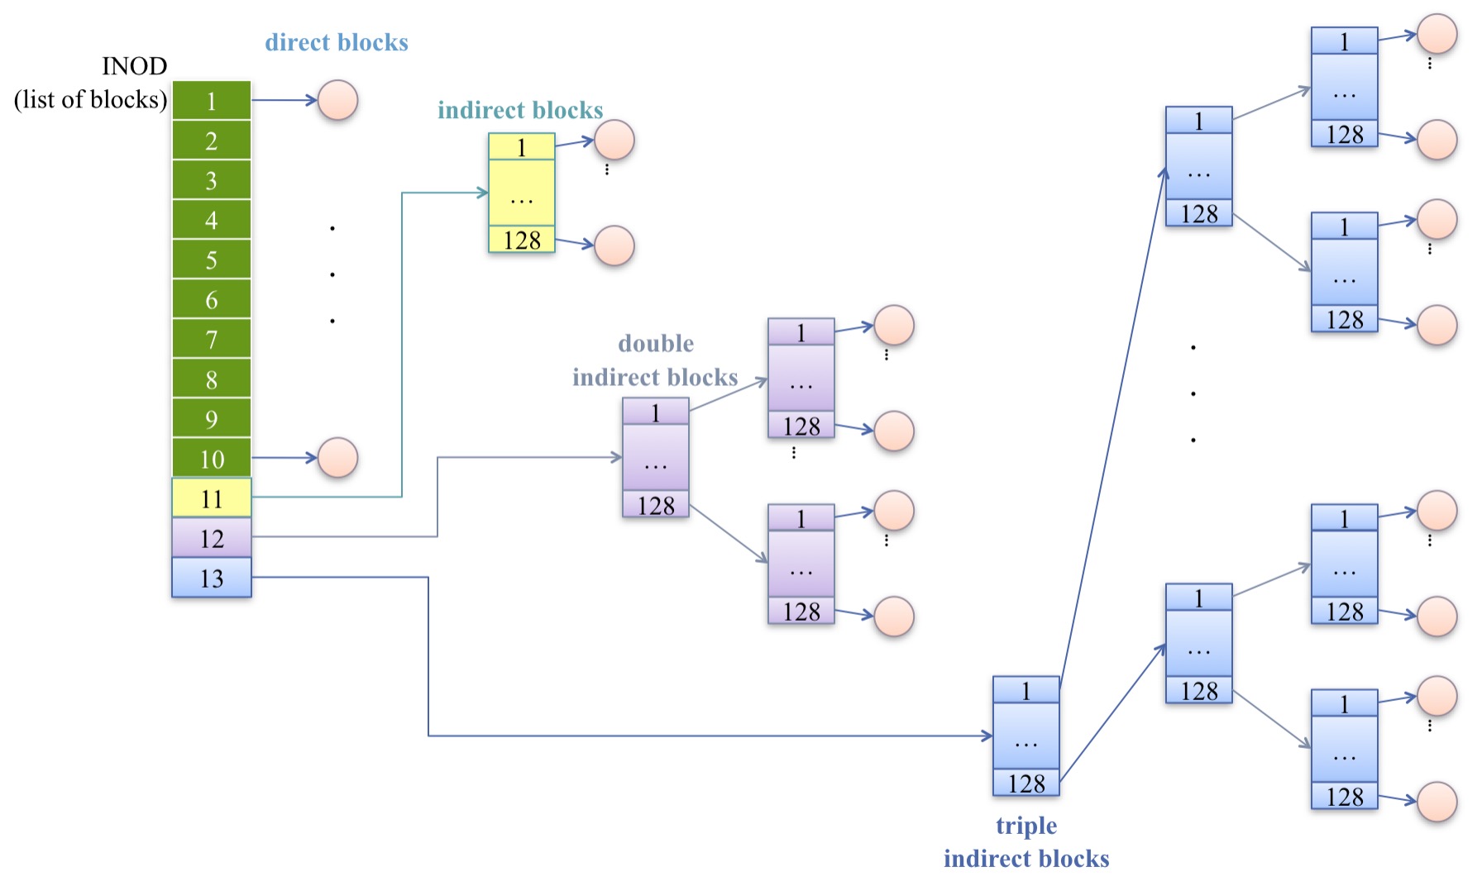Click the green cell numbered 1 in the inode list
click(x=211, y=101)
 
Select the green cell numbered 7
click(x=211, y=339)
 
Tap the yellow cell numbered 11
click(x=211, y=498)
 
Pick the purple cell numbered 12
click(x=211, y=538)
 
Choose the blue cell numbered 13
click(x=211, y=578)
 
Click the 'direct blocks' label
click(x=336, y=42)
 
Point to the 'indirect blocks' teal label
click(x=519, y=110)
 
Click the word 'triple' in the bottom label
click(x=1025, y=826)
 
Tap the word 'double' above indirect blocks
click(x=655, y=343)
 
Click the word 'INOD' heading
click(x=134, y=66)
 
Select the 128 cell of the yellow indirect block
click(x=521, y=240)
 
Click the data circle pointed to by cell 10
click(x=337, y=458)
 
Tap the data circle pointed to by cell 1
click(x=337, y=101)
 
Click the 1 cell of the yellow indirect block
click(x=521, y=147)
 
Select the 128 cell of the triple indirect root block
click(x=1025, y=783)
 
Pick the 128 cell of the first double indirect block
click(x=655, y=504)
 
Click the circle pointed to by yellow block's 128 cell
click(x=614, y=245)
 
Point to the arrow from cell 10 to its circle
click(x=284, y=457)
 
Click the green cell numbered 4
click(x=211, y=220)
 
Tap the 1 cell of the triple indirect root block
click(x=1025, y=690)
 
